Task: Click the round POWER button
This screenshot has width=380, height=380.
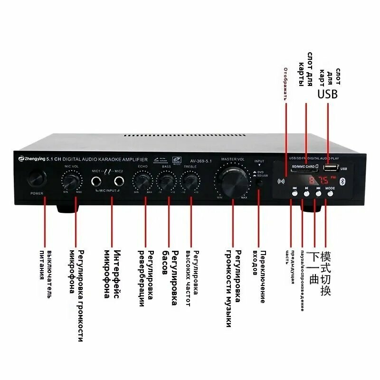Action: pos(37,178)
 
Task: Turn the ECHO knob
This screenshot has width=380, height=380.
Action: pos(142,181)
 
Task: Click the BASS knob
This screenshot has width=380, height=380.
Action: pos(166,181)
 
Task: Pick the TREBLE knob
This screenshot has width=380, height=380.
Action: pos(190,181)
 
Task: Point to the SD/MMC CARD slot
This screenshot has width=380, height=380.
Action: pos(304,167)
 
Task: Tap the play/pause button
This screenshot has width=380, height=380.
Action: pos(307,189)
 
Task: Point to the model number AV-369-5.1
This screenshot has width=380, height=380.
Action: pos(200,160)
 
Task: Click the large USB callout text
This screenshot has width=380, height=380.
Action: pos(327,94)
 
